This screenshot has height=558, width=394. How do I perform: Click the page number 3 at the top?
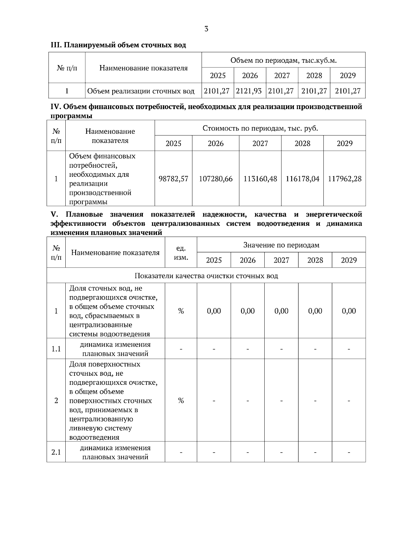[x=206, y=29]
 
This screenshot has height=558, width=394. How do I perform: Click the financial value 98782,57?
[x=173, y=179]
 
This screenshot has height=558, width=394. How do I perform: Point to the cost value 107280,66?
[x=216, y=179]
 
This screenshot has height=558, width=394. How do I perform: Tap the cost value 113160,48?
[x=260, y=179]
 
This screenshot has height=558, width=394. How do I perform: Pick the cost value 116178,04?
[x=302, y=179]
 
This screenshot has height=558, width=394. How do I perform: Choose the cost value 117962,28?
[x=345, y=179]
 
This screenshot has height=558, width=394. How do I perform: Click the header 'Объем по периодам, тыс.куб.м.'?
[x=284, y=60]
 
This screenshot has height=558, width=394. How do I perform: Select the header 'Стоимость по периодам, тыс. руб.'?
[x=260, y=128]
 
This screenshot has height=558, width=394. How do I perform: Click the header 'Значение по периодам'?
[x=281, y=245]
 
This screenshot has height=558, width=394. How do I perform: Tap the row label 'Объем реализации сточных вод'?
[x=141, y=91]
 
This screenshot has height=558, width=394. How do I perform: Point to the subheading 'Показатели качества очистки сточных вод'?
[x=206, y=276]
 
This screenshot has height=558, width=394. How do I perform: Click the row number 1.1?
[x=56, y=349]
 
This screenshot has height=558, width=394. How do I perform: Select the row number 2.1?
[x=56, y=452]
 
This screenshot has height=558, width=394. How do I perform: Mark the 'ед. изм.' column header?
[x=181, y=253]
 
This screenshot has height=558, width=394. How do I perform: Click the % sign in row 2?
[x=181, y=401]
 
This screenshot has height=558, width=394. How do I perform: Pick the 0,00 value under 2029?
[x=349, y=311]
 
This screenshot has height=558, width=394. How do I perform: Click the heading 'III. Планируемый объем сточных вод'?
[x=118, y=45]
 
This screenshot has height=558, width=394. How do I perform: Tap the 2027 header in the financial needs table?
[x=260, y=144]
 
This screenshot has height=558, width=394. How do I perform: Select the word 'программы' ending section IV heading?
[x=72, y=116]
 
